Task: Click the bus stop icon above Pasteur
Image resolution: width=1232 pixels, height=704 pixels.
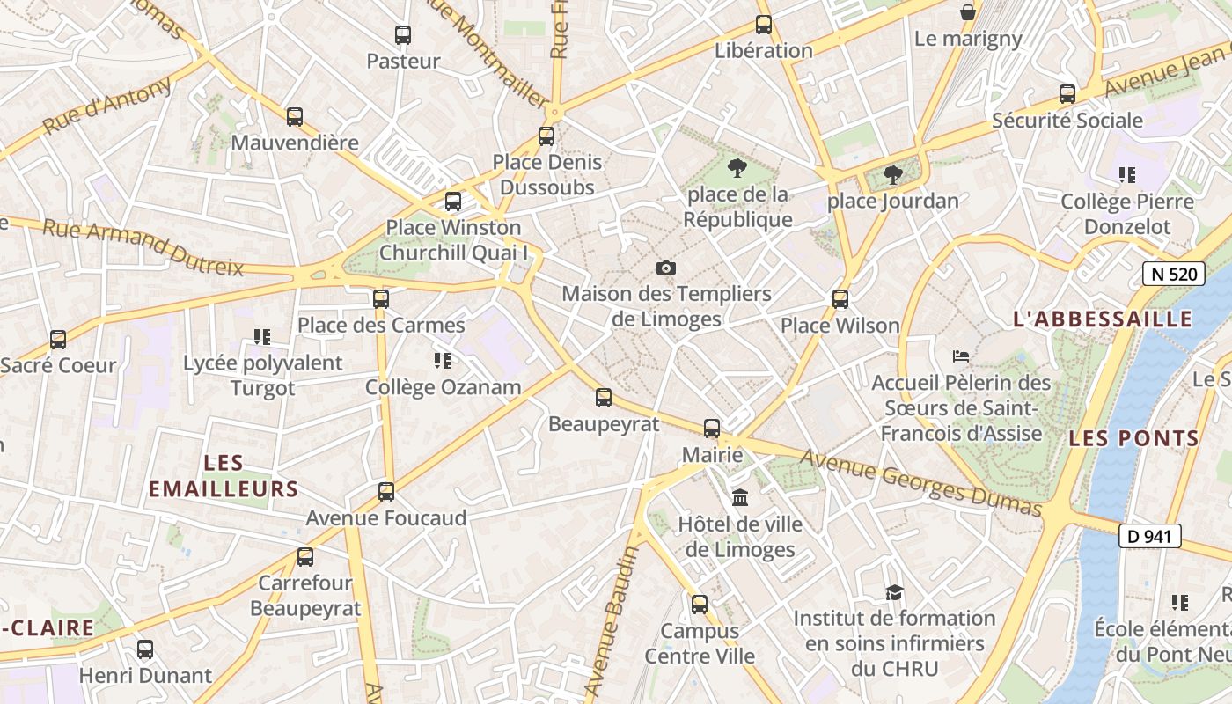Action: (x=402, y=35)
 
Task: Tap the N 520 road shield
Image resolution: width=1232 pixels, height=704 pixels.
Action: (x=1174, y=274)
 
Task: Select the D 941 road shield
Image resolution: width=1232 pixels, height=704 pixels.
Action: (x=1149, y=535)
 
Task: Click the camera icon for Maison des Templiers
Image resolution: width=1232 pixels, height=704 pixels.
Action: (x=666, y=268)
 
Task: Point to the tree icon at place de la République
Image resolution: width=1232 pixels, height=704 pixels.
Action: (x=737, y=167)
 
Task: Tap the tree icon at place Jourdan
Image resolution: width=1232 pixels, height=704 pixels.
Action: (x=892, y=174)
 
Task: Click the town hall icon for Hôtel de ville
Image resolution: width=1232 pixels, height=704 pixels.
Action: (x=740, y=498)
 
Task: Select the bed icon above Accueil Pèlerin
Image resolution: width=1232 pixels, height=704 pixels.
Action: (x=961, y=356)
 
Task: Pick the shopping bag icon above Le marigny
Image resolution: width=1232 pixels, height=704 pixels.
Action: (x=967, y=12)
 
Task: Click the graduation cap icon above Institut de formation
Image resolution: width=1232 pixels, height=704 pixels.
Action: (x=894, y=592)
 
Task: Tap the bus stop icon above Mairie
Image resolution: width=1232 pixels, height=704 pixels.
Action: (x=712, y=429)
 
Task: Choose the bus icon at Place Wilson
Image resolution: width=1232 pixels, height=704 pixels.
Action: (x=840, y=299)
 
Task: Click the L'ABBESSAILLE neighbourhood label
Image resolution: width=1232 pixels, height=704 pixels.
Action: (x=1103, y=319)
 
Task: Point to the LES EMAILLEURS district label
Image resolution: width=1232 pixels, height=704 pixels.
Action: (x=224, y=476)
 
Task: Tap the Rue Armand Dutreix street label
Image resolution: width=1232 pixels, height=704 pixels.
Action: (x=143, y=248)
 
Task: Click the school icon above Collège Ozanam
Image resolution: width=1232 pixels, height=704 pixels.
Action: (x=443, y=361)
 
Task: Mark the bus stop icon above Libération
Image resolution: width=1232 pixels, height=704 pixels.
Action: (x=763, y=25)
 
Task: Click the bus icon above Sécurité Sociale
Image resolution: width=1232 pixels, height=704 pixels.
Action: (x=1067, y=94)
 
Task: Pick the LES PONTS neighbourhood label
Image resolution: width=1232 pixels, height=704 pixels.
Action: (x=1133, y=438)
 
